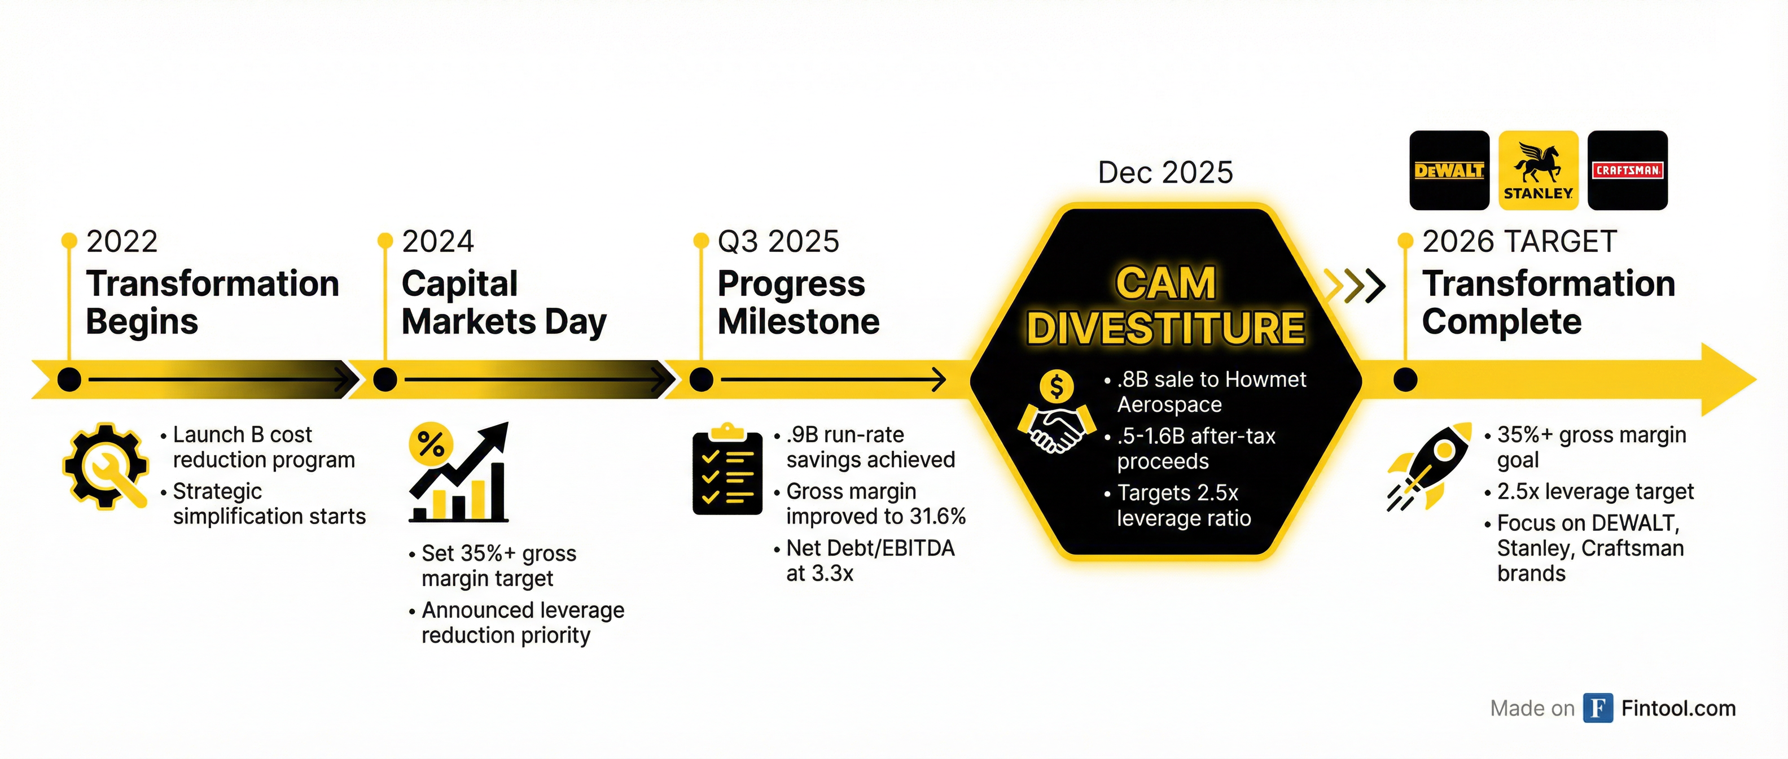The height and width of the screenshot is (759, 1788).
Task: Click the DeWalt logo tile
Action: pyautogui.click(x=1449, y=170)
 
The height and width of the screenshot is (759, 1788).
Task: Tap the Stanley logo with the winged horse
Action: pyautogui.click(x=1538, y=170)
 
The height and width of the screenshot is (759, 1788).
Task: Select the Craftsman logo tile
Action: pyautogui.click(x=1628, y=170)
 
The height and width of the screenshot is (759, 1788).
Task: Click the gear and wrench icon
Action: pyautogui.click(x=106, y=466)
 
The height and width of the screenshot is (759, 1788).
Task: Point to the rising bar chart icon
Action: pyautogui.click(x=459, y=472)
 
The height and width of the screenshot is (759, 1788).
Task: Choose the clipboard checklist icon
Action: pyautogui.click(x=728, y=469)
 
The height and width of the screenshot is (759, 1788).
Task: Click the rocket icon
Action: pyautogui.click(x=1429, y=466)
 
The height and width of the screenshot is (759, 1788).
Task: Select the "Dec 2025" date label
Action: pyautogui.click(x=1165, y=172)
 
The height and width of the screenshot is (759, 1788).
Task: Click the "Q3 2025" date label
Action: pyautogui.click(x=778, y=242)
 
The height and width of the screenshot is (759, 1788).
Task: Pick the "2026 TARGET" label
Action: pyautogui.click(x=1519, y=242)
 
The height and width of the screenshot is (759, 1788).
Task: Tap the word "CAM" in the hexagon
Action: pyautogui.click(x=1165, y=283)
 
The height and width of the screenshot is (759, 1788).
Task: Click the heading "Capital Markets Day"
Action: pyautogui.click(x=505, y=303)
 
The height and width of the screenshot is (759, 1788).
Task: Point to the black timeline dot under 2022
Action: pyautogui.click(x=69, y=380)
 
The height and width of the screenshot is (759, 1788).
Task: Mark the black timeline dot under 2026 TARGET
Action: pyautogui.click(x=1405, y=380)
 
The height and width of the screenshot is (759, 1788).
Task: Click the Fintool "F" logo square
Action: pyautogui.click(x=1598, y=708)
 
